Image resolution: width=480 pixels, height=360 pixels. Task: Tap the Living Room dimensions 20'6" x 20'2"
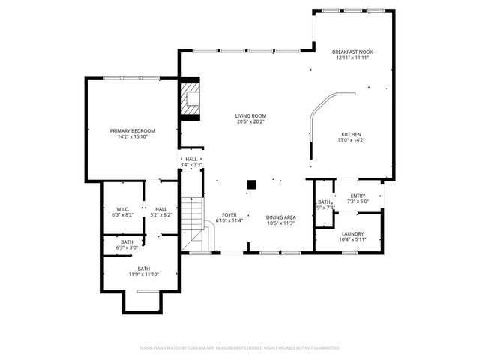coord(250,121)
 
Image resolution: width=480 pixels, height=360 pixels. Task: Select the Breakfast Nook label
coord(352,52)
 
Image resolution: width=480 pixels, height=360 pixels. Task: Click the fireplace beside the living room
coord(190,100)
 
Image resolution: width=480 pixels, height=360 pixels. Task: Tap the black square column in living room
coord(252,184)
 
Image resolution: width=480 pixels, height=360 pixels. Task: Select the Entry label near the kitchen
coord(357,196)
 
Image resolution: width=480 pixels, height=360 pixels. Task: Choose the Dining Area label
coord(281,217)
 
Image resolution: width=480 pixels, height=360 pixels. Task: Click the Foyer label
coord(229,214)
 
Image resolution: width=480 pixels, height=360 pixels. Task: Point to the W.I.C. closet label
coord(124,208)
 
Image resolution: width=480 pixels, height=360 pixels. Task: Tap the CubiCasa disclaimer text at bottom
coord(240,348)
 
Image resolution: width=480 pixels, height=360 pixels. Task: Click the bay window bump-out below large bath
coord(142,301)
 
